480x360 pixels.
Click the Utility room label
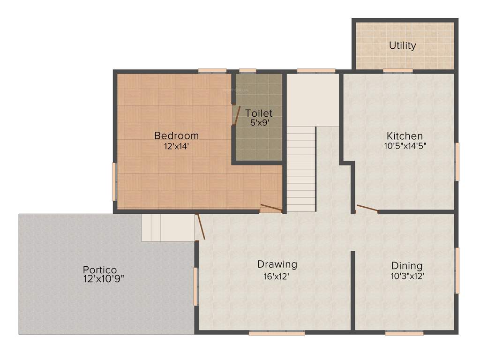tap(403, 45)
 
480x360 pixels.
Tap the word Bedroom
tap(176, 135)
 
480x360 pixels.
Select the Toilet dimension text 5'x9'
tap(259, 122)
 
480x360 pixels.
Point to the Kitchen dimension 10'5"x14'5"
tap(405, 146)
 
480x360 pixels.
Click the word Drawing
tap(277, 264)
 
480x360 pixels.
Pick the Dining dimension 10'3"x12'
tap(407, 276)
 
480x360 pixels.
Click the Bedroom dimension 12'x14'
tap(176, 146)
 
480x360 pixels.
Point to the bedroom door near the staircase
tap(271, 208)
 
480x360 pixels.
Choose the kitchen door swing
tap(367, 209)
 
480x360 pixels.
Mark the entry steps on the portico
tap(168, 228)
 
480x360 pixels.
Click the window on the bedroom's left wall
tap(114, 181)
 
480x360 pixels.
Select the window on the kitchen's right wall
tap(457, 161)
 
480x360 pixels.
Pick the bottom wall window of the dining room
tap(404, 333)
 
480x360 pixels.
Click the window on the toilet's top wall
tap(247, 71)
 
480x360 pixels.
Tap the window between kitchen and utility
tap(397, 71)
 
